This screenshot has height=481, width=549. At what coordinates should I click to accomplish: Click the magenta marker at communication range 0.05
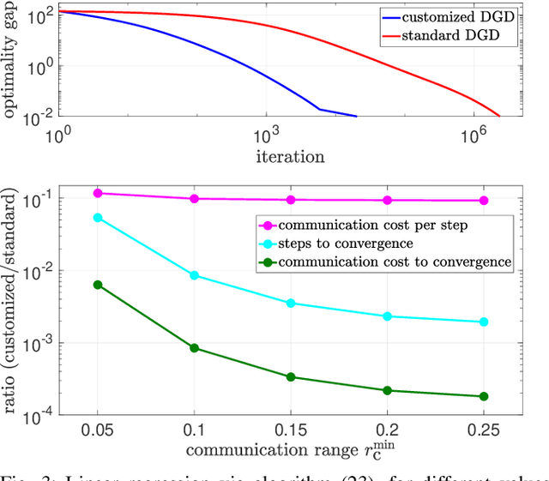tap(98, 194)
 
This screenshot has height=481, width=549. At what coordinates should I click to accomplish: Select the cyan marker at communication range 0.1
tap(194, 275)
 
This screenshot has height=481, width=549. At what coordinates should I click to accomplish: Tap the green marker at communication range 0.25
tap(484, 396)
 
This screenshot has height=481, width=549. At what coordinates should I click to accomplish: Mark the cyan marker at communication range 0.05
tap(98, 218)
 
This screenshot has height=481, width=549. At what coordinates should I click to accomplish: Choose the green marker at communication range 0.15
tap(291, 376)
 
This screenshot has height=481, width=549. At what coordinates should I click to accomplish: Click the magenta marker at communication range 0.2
tap(388, 200)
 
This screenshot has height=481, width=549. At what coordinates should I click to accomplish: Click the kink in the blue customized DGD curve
tap(319, 109)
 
